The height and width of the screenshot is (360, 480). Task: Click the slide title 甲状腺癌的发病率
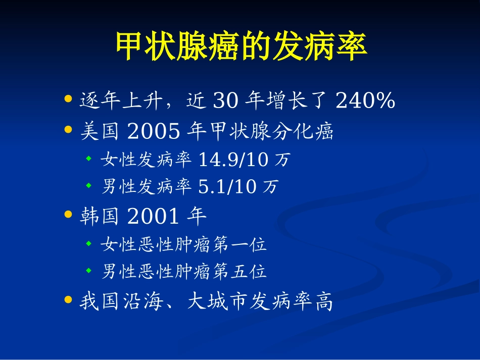pos(241,47)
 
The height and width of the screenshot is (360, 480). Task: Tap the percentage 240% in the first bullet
pos(365,101)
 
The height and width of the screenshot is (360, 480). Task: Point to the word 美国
pos(100,132)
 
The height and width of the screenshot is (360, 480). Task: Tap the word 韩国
pos(100,217)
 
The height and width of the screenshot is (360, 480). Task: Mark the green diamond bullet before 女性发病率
pos(88,160)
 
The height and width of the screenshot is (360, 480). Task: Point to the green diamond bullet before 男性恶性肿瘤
pos(88,272)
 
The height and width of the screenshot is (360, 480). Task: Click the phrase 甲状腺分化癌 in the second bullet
pos(271,132)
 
